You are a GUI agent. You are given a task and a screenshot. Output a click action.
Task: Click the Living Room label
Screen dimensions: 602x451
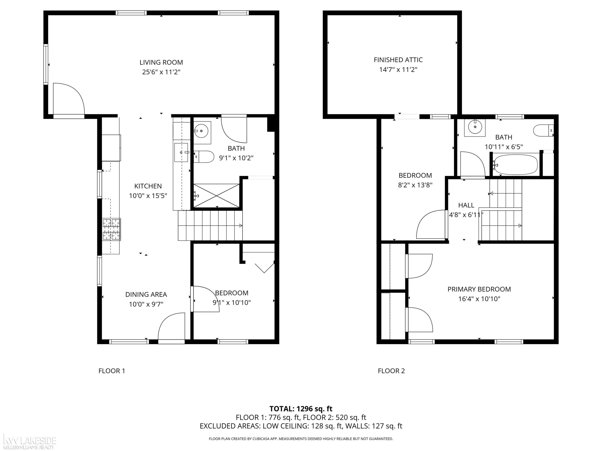point(161,62)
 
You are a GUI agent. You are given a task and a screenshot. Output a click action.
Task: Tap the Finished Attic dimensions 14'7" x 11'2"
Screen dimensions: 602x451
point(398,70)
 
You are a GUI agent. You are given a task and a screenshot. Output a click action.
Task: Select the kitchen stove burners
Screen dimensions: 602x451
point(112,230)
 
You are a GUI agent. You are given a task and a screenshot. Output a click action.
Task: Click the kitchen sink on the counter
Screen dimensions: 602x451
point(181,153)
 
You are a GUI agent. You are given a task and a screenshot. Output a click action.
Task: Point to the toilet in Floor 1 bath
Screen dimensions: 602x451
point(204,157)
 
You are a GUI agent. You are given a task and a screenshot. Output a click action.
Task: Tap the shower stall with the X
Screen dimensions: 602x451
point(216,195)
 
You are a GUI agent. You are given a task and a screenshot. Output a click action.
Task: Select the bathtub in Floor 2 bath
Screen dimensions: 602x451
point(516,165)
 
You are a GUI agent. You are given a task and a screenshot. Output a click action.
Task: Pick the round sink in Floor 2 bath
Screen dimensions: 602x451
point(475,127)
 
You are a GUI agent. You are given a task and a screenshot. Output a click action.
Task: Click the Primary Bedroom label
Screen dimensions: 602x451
point(479,289)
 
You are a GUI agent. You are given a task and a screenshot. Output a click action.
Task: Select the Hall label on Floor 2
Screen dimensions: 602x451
point(466,205)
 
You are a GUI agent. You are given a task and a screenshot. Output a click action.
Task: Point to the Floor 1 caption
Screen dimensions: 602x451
point(112,371)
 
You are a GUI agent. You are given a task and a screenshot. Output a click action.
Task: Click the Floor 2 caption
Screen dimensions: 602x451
point(391,371)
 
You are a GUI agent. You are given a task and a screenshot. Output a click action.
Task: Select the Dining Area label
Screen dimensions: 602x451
point(146,294)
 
